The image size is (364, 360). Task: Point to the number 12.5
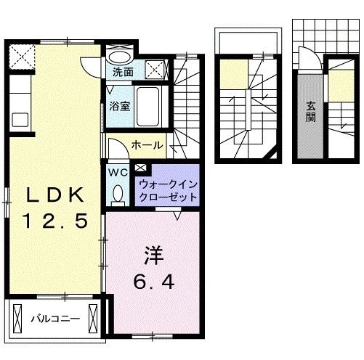[55, 218]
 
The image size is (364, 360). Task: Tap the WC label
[118, 172]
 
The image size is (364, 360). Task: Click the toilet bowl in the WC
[118, 193]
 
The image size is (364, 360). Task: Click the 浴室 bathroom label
[120, 106]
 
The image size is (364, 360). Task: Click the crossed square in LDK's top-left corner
[20, 55]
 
